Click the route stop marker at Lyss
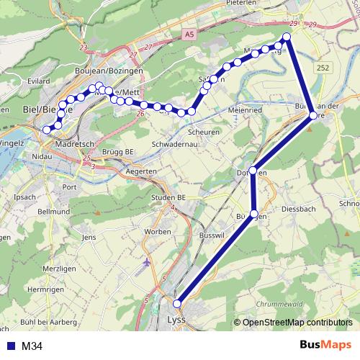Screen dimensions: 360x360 tap(177, 304)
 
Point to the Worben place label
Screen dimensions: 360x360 tap(158, 230)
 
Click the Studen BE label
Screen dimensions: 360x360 tap(168, 197)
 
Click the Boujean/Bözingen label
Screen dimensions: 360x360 tap(109, 71)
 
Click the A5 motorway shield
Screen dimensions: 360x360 tap(189, 33)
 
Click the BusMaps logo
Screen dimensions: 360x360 tap(325, 346)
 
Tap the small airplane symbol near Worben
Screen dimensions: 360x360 tap(148, 261)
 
